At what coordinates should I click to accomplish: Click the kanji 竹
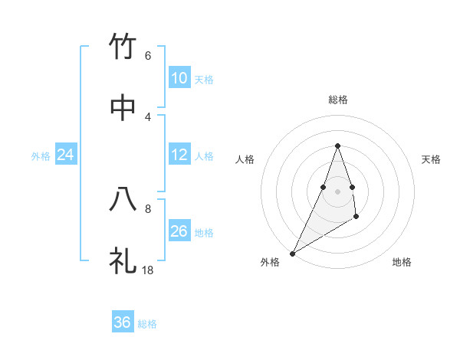[x=123, y=47]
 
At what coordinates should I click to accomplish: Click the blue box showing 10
[x=179, y=78]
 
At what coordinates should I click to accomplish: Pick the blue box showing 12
[x=179, y=155]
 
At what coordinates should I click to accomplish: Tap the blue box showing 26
[x=179, y=231]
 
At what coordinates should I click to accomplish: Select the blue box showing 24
[x=66, y=155]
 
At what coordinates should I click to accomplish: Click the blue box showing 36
[x=123, y=322]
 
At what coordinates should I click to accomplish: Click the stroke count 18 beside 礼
[x=148, y=270]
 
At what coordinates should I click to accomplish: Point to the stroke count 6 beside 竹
[x=148, y=55]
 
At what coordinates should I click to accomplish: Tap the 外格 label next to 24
[x=41, y=155]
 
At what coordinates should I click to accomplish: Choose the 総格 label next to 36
[x=147, y=324]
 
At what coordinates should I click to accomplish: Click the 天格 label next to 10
[x=204, y=79]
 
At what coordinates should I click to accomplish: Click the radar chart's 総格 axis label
[x=338, y=100]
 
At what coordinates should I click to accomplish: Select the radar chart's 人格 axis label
[x=245, y=159]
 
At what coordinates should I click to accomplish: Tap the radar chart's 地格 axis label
[x=402, y=262]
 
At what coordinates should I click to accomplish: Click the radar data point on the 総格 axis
[x=337, y=146]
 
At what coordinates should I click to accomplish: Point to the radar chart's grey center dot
[x=337, y=191]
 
